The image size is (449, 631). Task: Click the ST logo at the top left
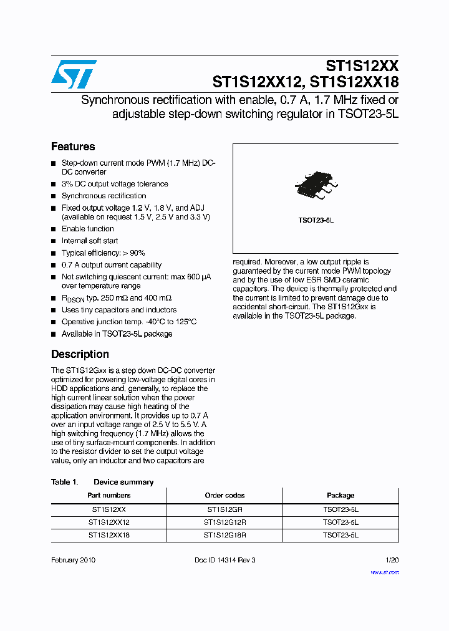[x=74, y=74]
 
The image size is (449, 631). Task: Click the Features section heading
[x=73, y=147]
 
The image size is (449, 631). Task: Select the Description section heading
[x=80, y=354]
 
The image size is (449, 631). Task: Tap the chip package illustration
[x=316, y=185]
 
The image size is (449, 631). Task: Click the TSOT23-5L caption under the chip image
[x=316, y=221]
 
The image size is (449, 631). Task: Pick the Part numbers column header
[x=109, y=495]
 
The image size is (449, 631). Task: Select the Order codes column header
[x=224, y=495]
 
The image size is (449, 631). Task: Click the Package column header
[x=340, y=495]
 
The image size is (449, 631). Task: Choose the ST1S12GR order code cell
[x=224, y=509]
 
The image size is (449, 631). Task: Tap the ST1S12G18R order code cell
[x=224, y=535]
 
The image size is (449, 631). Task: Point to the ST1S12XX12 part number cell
[x=109, y=523]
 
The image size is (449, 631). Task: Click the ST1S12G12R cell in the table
[x=224, y=523]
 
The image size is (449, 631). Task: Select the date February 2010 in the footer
[x=73, y=560]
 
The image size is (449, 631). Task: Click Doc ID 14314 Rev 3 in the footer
[x=224, y=560]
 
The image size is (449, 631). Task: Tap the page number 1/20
[x=392, y=560]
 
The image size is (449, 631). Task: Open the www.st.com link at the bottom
[x=384, y=572]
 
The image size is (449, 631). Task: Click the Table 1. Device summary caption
[x=102, y=482]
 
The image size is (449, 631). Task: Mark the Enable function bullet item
[x=87, y=229]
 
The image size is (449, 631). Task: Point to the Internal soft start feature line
[x=90, y=241]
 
